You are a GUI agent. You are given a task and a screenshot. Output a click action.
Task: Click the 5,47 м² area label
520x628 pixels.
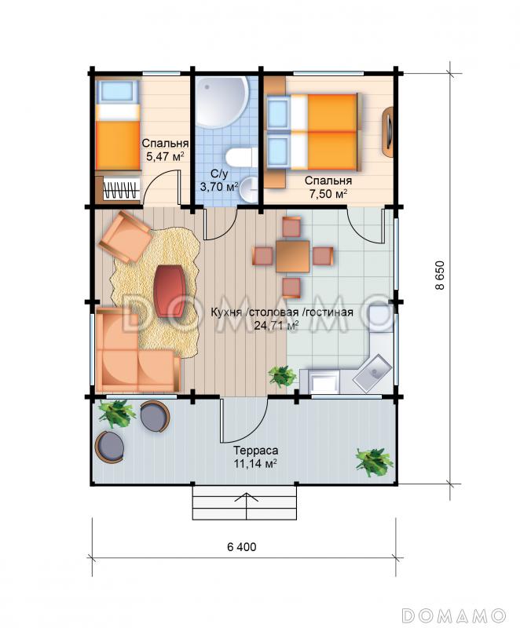coord(165,155)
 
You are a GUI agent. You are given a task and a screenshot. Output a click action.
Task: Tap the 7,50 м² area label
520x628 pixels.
coord(328,194)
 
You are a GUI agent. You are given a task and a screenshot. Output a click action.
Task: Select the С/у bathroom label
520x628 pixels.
coord(219,173)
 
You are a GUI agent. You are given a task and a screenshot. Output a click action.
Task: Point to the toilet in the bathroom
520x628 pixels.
coord(241,157)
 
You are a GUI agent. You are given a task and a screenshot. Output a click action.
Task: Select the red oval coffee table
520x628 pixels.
coord(169,291)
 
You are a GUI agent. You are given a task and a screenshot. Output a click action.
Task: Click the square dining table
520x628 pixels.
coord(292,257)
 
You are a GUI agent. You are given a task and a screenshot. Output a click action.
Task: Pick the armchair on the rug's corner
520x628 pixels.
coord(126,237)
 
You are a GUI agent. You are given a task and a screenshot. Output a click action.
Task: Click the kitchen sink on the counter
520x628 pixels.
coord(372,373)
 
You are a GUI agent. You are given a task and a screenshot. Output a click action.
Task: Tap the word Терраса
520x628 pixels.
coord(256,450)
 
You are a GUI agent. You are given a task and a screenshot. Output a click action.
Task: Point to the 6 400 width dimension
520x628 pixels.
coord(242,546)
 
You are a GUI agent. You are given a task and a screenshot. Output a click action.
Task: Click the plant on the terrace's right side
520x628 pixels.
coord(374,462)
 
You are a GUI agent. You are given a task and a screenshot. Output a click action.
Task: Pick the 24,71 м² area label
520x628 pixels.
coord(276,325)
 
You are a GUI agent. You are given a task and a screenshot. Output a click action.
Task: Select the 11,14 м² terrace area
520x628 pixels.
coord(256,464)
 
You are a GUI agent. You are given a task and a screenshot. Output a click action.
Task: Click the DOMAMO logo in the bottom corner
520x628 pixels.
coord(454,615)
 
